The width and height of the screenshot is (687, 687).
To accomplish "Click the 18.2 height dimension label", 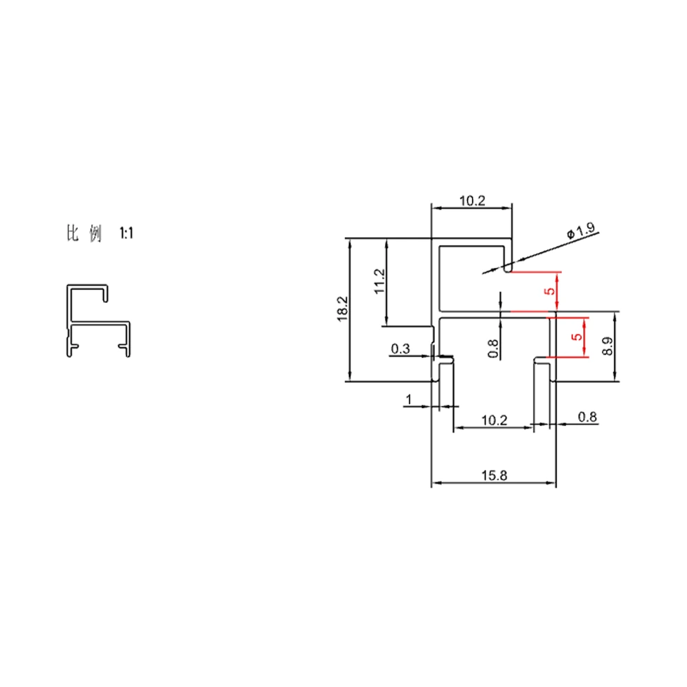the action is tap(343, 309).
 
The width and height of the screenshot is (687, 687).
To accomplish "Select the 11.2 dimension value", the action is tap(379, 281).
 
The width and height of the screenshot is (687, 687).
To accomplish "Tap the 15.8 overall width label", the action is tap(494, 475).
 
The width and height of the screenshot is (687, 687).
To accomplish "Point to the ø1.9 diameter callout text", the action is tap(581, 230).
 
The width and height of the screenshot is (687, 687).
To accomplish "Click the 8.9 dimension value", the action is tap(607, 346).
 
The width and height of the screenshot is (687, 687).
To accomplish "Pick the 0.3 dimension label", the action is tap(401, 349).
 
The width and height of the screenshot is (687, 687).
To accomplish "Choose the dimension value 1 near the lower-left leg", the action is tap(409, 400).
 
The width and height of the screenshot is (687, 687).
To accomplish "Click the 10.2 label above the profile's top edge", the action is tap(473, 201).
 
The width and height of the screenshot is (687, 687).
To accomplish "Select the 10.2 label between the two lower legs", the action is tap(494, 420).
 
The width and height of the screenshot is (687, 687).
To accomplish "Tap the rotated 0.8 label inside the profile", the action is tap(493, 349).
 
